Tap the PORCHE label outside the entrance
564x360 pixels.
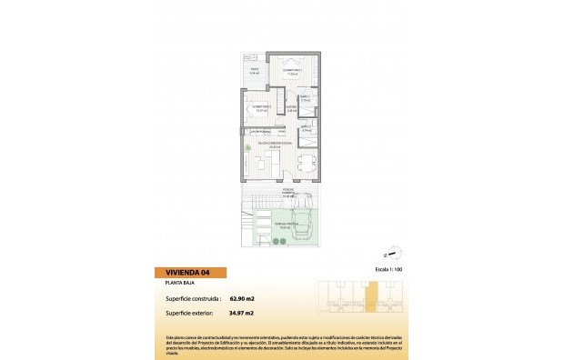coord(287,193)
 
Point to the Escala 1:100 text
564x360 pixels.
coord(387,271)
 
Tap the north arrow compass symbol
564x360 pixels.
coord(392,254)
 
